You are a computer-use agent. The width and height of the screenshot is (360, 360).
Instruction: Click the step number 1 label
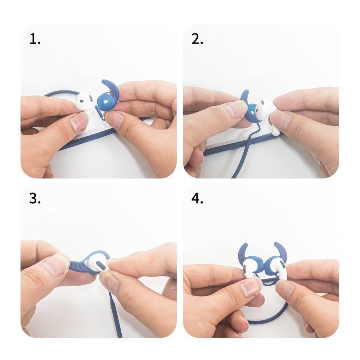35,39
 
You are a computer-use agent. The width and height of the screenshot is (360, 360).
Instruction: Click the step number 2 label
197,39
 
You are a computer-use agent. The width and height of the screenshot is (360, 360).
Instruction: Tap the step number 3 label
35,198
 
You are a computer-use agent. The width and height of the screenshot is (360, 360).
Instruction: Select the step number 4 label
197,198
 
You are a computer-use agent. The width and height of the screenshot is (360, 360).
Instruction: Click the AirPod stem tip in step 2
276,132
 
